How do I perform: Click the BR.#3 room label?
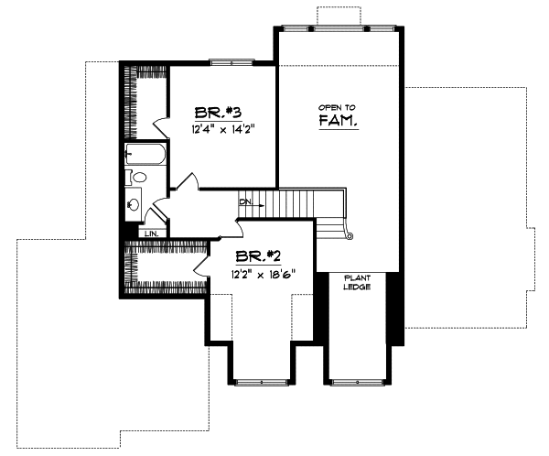(217, 113)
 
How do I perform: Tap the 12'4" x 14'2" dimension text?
(222, 131)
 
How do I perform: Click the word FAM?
(338, 121)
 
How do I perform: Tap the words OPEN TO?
(337, 106)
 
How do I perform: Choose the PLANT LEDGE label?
(356, 282)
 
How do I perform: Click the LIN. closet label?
(152, 234)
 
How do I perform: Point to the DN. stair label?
(244, 201)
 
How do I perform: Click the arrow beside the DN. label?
(260, 206)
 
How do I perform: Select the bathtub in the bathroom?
(145, 155)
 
